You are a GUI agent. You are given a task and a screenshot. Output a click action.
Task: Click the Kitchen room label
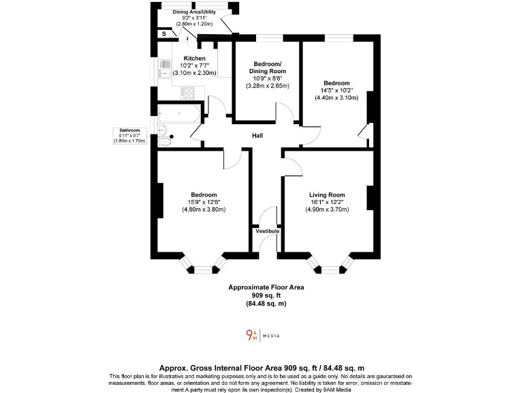(x=194, y=59)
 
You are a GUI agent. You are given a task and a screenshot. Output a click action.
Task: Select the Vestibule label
(x=268, y=232)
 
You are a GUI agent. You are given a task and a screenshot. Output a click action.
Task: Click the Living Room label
(x=327, y=195)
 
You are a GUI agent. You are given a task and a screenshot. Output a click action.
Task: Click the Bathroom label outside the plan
(x=129, y=130)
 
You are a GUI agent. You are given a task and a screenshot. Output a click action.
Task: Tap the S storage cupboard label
(x=163, y=33)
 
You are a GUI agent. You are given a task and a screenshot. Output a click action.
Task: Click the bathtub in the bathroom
(x=179, y=113)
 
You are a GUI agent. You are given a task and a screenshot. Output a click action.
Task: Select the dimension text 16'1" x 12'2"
(x=327, y=203)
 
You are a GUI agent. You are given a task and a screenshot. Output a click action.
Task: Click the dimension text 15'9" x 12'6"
(x=204, y=202)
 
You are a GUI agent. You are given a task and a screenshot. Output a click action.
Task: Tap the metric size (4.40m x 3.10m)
(x=336, y=98)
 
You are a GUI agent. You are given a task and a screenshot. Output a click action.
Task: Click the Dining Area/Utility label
(x=194, y=12)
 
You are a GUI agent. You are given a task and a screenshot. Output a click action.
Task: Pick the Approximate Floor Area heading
(x=266, y=287)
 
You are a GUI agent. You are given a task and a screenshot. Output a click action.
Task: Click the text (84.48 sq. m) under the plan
(x=266, y=304)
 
